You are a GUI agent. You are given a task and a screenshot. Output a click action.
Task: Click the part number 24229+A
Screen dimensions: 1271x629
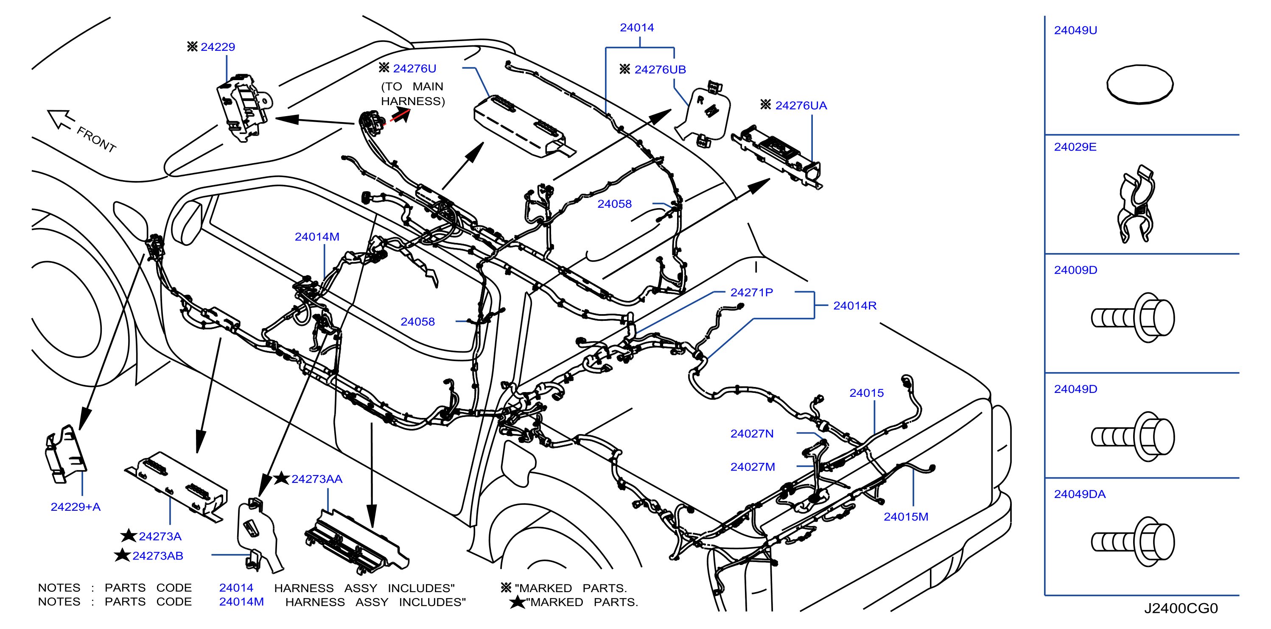point(76,507)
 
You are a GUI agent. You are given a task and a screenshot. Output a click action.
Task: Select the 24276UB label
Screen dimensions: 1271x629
point(660,70)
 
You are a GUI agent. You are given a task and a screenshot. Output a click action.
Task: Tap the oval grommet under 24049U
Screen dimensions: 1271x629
point(1140,85)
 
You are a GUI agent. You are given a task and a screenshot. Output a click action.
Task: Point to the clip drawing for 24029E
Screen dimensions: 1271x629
point(1136,203)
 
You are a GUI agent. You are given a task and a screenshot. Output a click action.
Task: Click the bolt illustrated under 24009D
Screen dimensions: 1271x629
point(1133,317)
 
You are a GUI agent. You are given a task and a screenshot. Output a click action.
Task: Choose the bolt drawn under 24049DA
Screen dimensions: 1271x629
point(1133,542)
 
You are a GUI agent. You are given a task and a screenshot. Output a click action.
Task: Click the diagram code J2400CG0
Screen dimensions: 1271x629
point(1181,608)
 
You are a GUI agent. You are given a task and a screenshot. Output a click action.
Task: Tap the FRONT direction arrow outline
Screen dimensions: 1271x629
point(61,119)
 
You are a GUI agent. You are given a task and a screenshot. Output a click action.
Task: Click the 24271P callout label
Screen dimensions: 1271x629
point(751,292)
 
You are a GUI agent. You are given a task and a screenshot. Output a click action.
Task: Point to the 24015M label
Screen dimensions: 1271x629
point(906,517)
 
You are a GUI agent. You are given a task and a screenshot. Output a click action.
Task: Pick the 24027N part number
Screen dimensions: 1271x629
point(752,433)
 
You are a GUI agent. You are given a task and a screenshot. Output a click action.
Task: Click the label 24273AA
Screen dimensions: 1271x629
point(317,479)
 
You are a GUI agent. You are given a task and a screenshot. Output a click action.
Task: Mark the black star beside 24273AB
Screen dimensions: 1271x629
point(122,555)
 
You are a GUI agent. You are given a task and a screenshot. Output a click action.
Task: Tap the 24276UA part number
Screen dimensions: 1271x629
point(801,106)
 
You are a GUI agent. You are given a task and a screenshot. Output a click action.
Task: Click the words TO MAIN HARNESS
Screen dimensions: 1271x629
point(413,94)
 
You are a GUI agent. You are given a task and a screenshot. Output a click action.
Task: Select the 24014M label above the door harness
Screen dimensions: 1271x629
point(317,237)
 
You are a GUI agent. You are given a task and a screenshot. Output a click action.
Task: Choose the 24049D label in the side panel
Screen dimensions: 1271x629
point(1075,389)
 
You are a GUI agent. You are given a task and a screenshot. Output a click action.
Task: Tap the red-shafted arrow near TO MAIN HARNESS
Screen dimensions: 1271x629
point(400,116)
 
